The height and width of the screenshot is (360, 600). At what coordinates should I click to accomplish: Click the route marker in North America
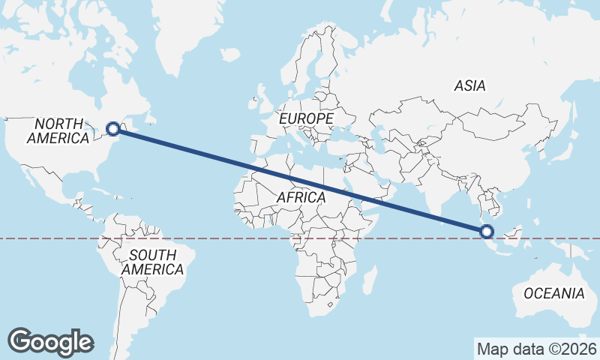[112, 128]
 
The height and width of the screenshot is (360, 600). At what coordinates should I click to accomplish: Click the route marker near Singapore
[487, 232]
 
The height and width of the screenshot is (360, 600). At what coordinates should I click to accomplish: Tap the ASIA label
[469, 85]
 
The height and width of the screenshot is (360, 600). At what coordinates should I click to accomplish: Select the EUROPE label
[305, 118]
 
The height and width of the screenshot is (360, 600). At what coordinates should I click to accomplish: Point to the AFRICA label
[301, 197]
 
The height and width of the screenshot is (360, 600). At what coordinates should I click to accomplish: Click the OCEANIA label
[553, 293]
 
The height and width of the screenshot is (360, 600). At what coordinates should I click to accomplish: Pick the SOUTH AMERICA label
[152, 262]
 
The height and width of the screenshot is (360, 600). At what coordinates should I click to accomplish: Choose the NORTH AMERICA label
[58, 131]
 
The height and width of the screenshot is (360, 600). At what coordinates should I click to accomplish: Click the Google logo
[50, 341]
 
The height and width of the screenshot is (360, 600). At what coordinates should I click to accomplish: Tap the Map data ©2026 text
[536, 349]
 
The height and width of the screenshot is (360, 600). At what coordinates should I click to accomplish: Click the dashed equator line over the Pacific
[45, 238]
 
